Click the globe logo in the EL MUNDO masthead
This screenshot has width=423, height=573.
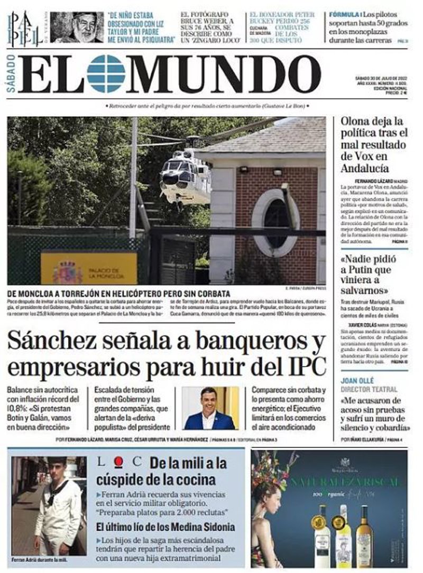[106, 73]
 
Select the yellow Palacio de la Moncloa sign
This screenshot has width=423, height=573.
[88, 268]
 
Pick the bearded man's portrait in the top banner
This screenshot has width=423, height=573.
[77, 27]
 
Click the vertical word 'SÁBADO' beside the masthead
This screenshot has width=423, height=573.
[12, 74]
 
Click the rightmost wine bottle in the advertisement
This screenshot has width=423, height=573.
[364, 531]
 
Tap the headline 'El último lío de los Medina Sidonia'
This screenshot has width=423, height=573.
[165, 527]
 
